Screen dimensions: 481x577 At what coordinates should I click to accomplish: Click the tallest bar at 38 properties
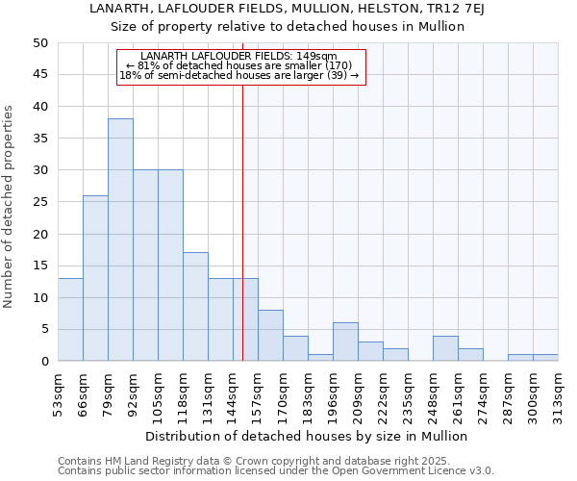click(x=120, y=240)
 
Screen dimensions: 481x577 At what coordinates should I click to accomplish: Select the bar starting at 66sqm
click(x=95, y=278)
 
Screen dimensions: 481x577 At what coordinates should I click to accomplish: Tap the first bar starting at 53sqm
click(x=70, y=319)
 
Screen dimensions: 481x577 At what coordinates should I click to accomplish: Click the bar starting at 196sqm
click(x=345, y=342)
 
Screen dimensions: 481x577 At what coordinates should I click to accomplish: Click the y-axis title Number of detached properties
click(x=10, y=207)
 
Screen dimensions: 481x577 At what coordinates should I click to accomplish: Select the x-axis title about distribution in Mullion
click(x=308, y=436)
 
